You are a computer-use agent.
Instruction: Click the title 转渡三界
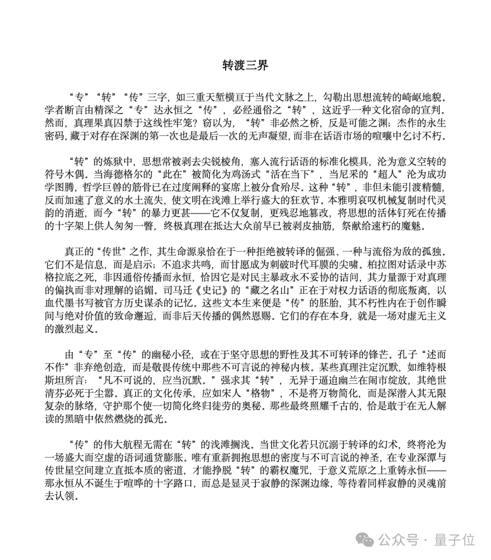[x=245, y=65]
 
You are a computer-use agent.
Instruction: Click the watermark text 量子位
[x=454, y=540]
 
